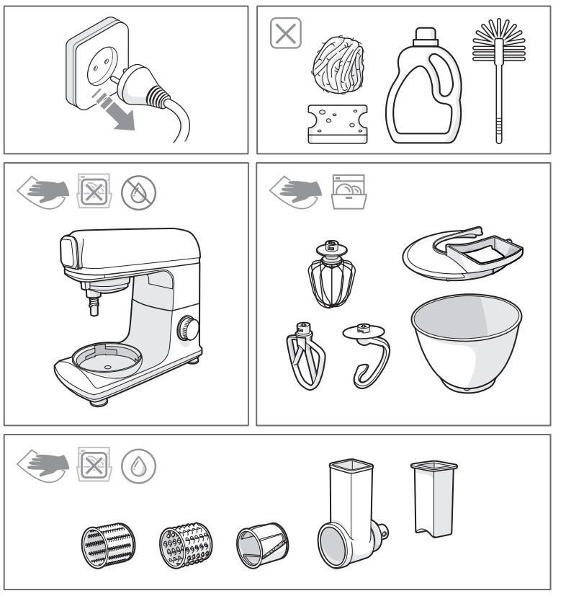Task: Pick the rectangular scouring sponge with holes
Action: [x=337, y=123]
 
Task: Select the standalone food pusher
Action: [x=426, y=497]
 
